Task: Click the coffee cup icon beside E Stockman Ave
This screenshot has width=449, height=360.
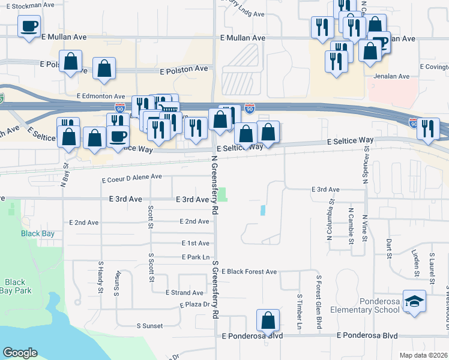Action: (29, 26)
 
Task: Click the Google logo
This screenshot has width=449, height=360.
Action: (20, 353)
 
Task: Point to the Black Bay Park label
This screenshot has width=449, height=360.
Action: (15, 286)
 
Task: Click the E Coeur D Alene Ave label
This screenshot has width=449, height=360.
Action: (132, 178)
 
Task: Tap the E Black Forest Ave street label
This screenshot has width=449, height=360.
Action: (249, 272)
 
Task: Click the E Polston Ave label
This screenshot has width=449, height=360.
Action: (184, 70)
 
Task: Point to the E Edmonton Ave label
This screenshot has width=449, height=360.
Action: (100, 96)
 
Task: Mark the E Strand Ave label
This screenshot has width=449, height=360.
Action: (185, 293)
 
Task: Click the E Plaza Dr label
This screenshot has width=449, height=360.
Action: (197, 305)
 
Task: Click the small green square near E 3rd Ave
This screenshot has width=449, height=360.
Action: (222, 194)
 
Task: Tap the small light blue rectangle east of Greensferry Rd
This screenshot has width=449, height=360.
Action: (263, 211)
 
